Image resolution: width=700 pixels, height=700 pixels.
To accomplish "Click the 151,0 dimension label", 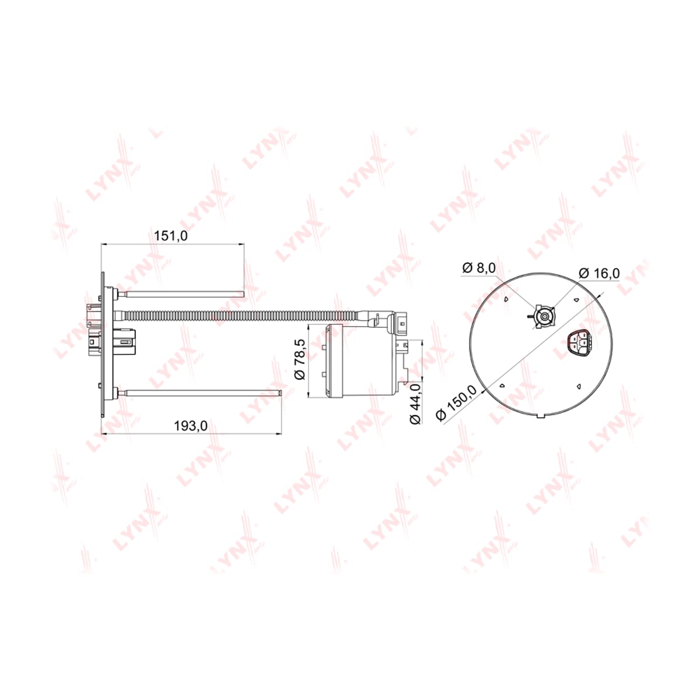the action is pos(171,236).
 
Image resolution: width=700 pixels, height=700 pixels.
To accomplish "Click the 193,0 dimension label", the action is pos(191,425).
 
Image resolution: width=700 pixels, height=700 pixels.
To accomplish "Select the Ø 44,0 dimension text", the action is pos(415,403).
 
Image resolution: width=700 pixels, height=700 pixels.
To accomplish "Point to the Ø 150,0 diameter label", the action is pos(457,403).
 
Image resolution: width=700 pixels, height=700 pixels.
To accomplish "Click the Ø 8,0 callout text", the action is pos(479,268).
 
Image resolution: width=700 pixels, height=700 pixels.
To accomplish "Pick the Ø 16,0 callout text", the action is pos(600,273).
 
